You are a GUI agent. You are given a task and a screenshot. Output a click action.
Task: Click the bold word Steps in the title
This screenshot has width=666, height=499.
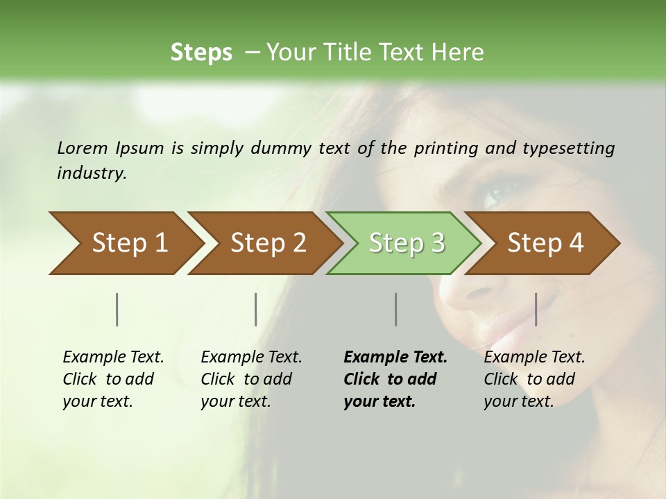tap(201, 52)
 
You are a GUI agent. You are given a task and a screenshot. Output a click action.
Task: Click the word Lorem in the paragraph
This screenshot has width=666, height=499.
tap(83, 148)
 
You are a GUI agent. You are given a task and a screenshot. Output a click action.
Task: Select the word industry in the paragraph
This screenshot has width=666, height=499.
tap(91, 173)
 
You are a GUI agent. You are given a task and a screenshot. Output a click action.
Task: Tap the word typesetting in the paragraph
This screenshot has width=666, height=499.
tap(568, 148)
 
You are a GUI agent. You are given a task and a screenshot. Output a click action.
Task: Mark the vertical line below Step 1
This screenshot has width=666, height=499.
tap(117, 309)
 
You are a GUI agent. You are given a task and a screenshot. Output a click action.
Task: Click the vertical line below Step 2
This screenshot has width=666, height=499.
tap(256, 309)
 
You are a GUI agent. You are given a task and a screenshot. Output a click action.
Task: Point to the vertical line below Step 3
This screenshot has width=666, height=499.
tap(396, 309)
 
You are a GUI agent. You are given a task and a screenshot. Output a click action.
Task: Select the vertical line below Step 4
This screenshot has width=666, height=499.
tap(536, 309)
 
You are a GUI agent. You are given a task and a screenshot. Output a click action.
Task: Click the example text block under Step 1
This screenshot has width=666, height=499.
tap(112, 379)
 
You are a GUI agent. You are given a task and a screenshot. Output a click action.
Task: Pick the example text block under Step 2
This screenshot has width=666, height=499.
tap(250, 379)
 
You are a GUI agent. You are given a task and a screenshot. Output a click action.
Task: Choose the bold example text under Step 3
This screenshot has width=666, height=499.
tap(395, 379)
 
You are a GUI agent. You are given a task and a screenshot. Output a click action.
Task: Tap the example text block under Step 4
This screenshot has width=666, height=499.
tap(533, 379)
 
